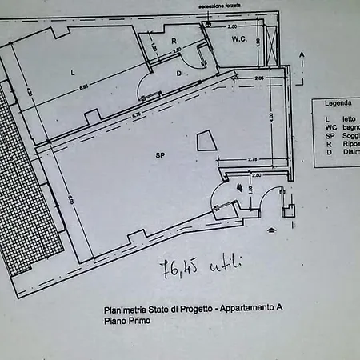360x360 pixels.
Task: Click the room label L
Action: tap(73, 73)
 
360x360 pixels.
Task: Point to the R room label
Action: tap(173, 41)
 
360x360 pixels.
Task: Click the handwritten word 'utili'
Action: tap(226, 263)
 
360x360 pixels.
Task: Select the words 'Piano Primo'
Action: tap(126, 321)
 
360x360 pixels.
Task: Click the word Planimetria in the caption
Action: tap(126, 310)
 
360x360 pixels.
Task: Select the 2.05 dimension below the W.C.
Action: tap(259, 78)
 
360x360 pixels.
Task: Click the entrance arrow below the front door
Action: tap(274, 230)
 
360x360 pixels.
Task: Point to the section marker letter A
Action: tap(302, 54)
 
